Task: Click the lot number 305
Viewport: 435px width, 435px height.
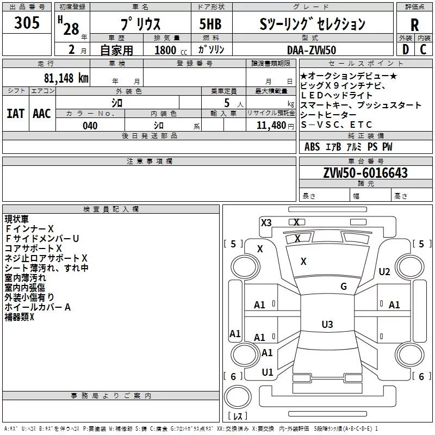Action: coord(27,23)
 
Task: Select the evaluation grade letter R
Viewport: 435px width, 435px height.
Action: coord(415,24)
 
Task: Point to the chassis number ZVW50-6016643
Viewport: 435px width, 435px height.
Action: coord(365,173)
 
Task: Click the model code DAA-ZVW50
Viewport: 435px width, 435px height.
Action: coord(311,49)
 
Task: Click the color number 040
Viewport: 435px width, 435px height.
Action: coord(90,126)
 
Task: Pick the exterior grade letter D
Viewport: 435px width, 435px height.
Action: coord(405,49)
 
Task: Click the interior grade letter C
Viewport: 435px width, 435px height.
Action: coord(424,49)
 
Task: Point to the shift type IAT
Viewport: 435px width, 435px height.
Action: coord(16,113)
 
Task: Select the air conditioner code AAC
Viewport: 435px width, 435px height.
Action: coord(42,113)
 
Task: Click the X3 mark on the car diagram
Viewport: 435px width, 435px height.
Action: coord(266,222)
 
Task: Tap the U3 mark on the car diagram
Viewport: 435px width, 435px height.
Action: coord(327,325)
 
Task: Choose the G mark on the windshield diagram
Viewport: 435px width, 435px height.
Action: coord(344,287)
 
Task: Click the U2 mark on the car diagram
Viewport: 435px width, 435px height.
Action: coord(384,272)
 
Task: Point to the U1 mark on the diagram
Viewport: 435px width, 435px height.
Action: coord(268,372)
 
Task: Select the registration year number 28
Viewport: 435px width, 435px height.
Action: coord(71,29)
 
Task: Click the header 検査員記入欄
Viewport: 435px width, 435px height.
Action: coord(111,209)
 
